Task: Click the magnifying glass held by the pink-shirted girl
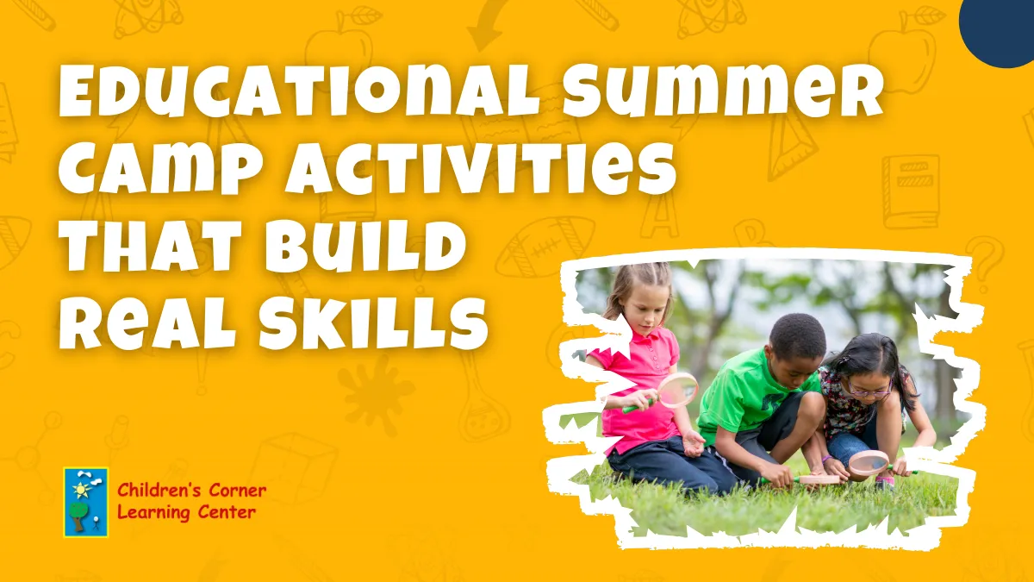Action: pyautogui.click(x=677, y=389)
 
